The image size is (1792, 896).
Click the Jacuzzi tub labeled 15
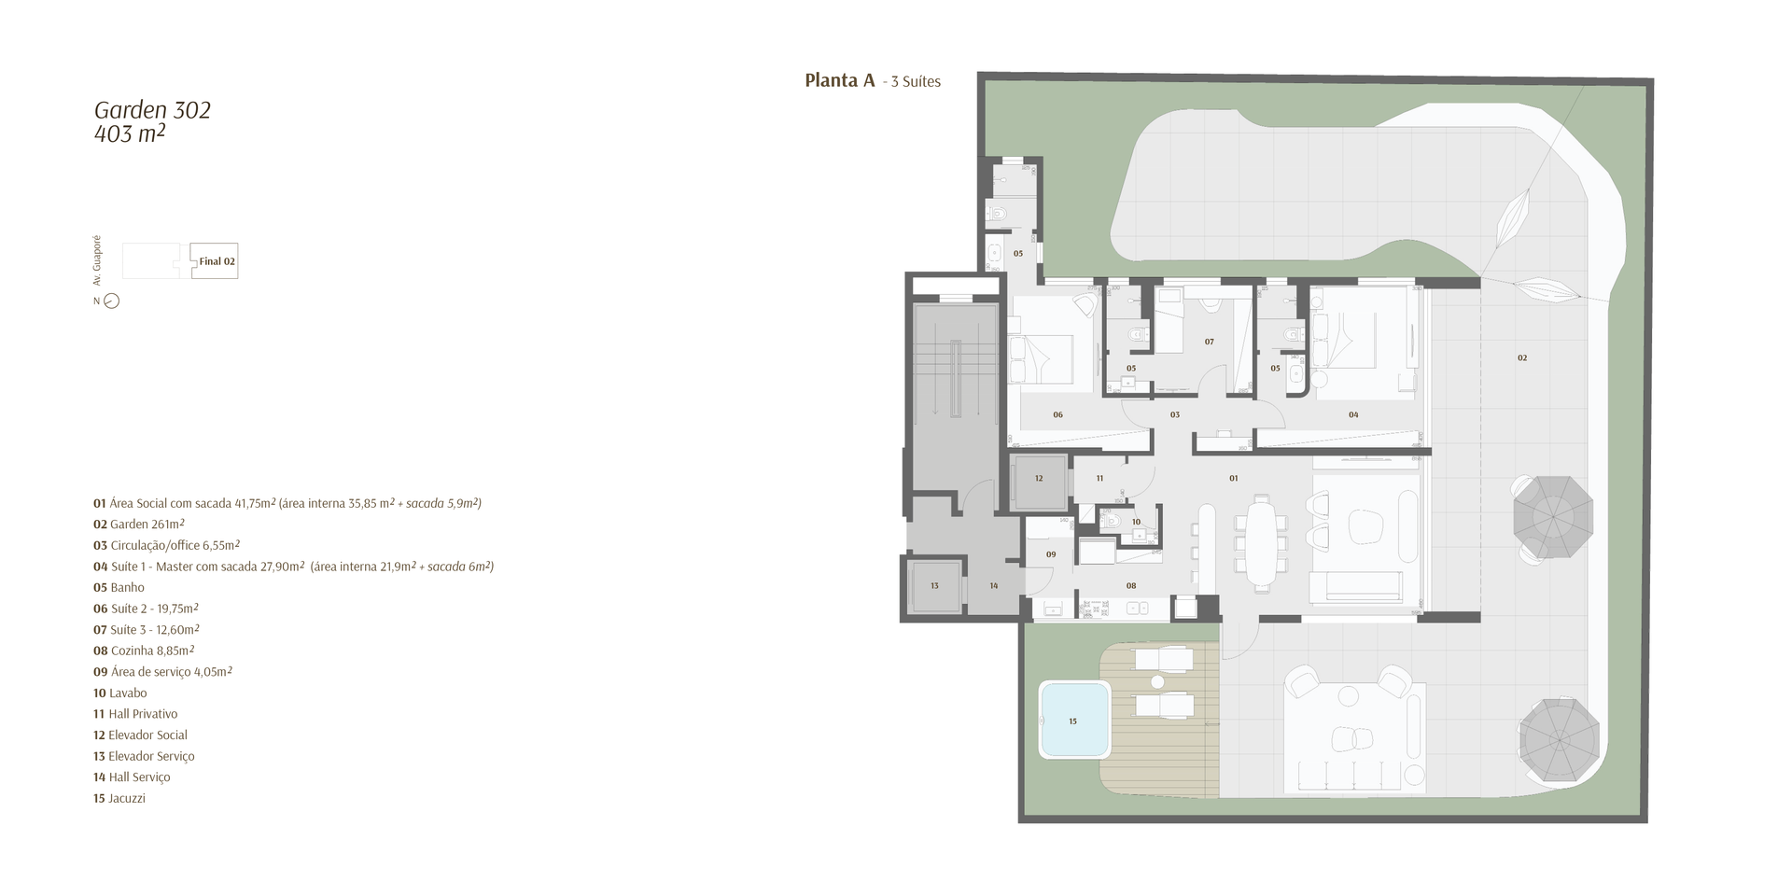[x=1074, y=721]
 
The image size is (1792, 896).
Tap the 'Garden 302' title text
[x=152, y=110]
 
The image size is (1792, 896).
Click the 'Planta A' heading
[x=840, y=81]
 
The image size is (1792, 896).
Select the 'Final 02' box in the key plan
[x=214, y=261]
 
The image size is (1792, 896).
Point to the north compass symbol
[x=111, y=301]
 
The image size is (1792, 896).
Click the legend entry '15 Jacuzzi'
[x=119, y=799]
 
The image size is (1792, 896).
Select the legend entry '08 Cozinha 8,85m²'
[x=144, y=651]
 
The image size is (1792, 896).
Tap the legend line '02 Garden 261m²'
[x=139, y=525]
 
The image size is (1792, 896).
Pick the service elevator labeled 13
[x=934, y=586]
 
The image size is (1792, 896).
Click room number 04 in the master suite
[x=1353, y=414]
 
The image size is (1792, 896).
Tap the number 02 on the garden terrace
[x=1522, y=358]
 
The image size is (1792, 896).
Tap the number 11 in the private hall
[x=1099, y=479]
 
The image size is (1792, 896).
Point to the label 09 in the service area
[x=1051, y=555]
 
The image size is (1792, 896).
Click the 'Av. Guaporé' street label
[x=96, y=260]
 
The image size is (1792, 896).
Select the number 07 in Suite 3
[x=1209, y=343]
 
